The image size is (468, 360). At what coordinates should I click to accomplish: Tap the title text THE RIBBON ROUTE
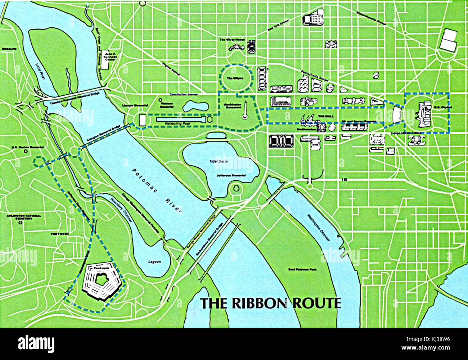point(270,303)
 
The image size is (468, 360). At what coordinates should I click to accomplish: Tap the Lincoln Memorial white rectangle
point(143,120)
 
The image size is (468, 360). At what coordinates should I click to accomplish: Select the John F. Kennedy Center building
point(105,59)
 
